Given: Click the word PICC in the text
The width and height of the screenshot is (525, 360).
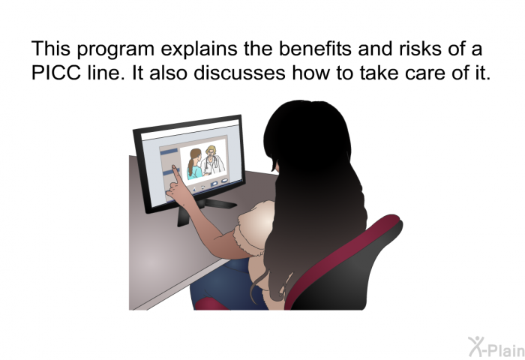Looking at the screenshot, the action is click(56, 72).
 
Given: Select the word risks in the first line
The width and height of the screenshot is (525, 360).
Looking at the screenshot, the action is click(420, 48).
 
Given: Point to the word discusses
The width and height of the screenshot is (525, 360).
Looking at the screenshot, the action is click(239, 72).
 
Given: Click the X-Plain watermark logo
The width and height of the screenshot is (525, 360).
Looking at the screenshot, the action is click(496, 346).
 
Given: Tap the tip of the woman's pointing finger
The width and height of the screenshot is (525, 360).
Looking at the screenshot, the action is click(174, 166).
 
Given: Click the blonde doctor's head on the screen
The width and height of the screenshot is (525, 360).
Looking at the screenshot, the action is click(211, 154).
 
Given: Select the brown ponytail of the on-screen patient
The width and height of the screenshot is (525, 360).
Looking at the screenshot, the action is click(190, 166).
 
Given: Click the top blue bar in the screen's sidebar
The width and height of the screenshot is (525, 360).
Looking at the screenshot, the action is click(169, 152).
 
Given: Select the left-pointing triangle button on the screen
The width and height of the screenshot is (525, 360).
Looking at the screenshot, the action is click(193, 190).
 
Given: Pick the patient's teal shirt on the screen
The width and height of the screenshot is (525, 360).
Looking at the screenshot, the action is click(195, 172).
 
